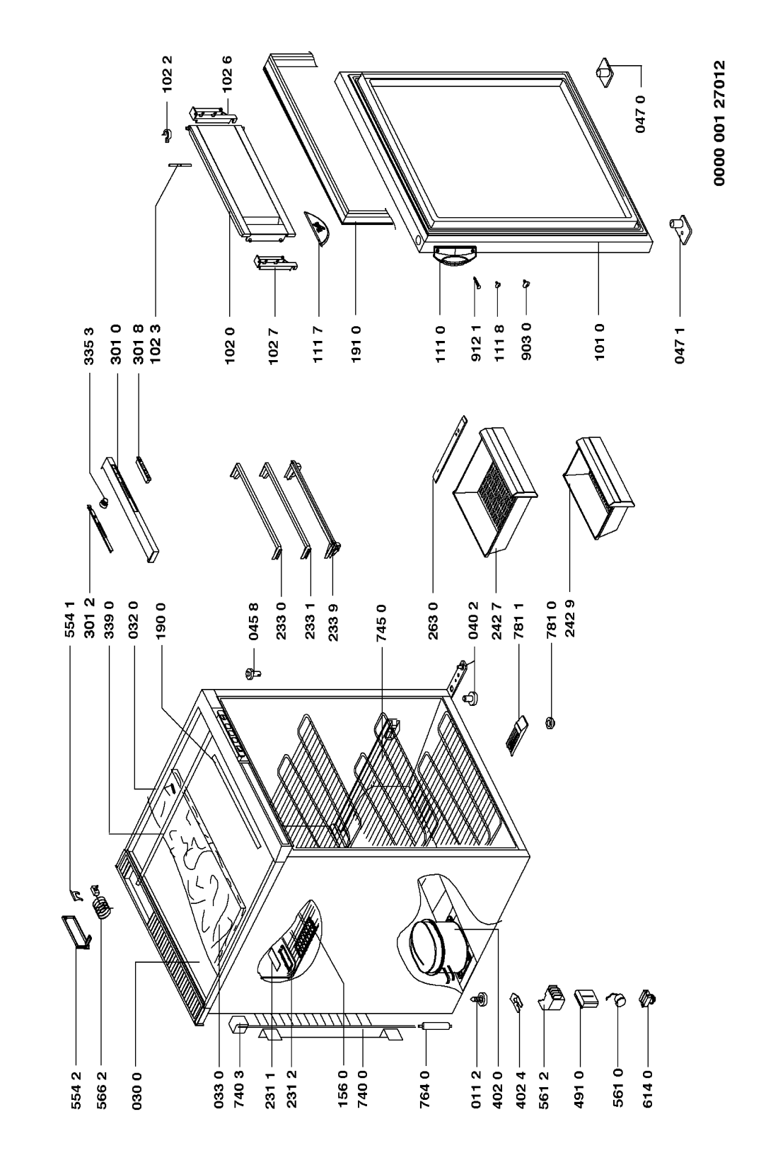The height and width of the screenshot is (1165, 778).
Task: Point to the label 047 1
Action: pyautogui.click(x=680, y=346)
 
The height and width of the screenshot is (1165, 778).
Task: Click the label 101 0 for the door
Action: pyautogui.click(x=600, y=346)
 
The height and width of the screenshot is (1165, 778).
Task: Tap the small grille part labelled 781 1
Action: pyautogui.click(x=517, y=736)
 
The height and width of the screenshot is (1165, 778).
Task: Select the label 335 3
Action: pyautogui.click(x=89, y=346)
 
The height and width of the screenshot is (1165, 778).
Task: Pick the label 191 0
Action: pyautogui.click(x=356, y=346)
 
